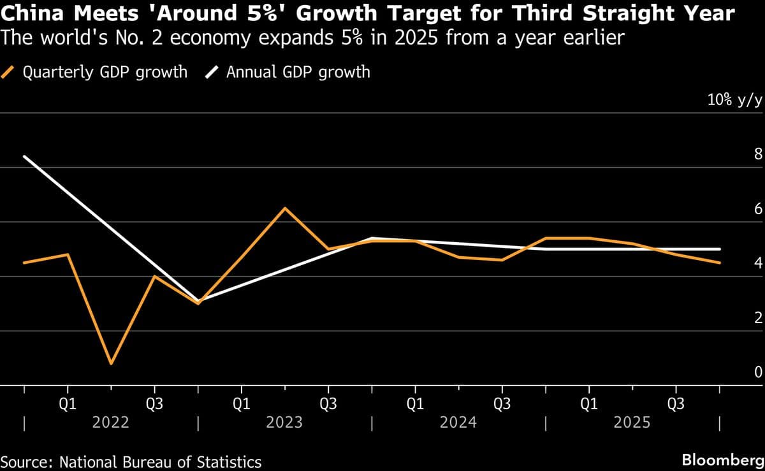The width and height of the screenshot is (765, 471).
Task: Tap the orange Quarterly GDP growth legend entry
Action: [96, 72]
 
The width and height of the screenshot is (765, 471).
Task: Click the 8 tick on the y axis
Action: [758, 154]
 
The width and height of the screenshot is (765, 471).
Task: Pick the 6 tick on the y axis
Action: [758, 209]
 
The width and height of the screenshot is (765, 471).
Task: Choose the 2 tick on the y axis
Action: [758, 318]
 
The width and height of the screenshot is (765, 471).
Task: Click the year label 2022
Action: [111, 423]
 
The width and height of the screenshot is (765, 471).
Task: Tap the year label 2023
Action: [285, 423]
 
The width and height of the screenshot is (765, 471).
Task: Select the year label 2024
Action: [459, 423]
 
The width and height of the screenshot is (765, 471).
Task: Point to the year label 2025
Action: [633, 423]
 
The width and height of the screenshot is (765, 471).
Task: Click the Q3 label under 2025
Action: [676, 404]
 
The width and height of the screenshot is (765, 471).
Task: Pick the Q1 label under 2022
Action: [68, 404]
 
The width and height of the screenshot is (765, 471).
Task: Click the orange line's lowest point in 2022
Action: [112, 364]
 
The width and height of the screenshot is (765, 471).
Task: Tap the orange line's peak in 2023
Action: [285, 208]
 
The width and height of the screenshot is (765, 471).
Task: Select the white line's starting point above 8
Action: [24, 156]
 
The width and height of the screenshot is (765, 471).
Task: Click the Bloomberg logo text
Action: [722, 460]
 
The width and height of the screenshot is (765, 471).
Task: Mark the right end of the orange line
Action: [720, 263]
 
